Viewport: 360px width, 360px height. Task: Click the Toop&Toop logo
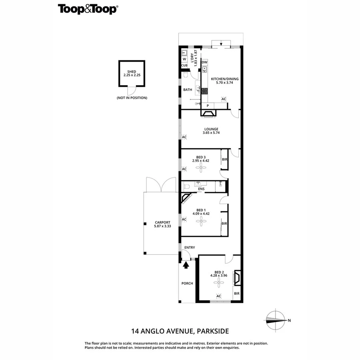[x=88, y=9]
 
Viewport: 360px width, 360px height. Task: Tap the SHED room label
[x=132, y=72]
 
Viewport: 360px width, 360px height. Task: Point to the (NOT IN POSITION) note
[x=132, y=98]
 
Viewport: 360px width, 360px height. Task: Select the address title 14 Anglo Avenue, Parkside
[x=180, y=331]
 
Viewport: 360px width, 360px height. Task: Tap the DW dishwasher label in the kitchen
[x=204, y=62]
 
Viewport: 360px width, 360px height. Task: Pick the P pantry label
[x=208, y=106]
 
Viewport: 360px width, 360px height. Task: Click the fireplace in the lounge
[x=208, y=114]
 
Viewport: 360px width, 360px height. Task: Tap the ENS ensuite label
[x=201, y=189]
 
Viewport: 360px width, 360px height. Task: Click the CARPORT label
[x=162, y=222]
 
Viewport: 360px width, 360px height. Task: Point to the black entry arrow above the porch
[x=185, y=264]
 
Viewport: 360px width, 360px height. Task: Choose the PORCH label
[x=187, y=283]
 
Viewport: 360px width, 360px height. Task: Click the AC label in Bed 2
[x=218, y=296]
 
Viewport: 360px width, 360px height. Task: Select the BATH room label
[x=188, y=90]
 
